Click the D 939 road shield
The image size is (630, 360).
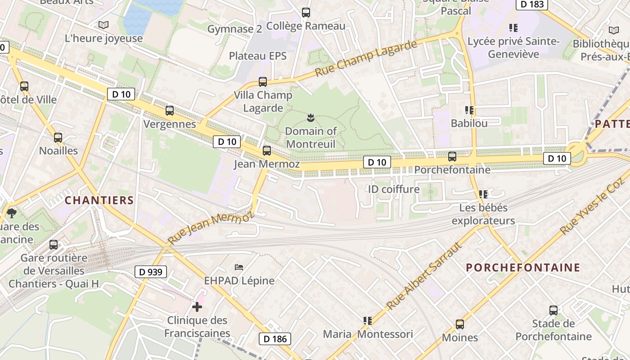tap(151, 272)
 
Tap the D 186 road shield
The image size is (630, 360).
tap(274, 339)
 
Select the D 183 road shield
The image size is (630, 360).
tap(532, 4)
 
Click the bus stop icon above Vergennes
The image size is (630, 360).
tap(170, 111)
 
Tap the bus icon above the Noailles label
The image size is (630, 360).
tap(58, 138)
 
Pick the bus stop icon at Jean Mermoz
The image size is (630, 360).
tap(267, 151)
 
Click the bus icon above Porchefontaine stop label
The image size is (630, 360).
tap(452, 157)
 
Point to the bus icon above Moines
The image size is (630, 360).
tap(460, 324)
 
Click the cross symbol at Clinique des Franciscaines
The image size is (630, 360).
tap(197, 307)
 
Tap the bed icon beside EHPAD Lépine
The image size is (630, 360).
tap(239, 267)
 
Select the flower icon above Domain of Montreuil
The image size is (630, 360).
tap(310, 118)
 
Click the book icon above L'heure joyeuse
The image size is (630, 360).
tap(103, 25)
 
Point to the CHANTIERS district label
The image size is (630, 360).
tap(99, 200)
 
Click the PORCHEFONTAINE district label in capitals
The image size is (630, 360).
tap(523, 268)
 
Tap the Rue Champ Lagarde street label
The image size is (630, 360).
tap(366, 58)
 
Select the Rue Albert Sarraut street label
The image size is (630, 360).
tap(424, 276)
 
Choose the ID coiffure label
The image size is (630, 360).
tap(394, 189)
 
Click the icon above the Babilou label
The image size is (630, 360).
tap(469, 110)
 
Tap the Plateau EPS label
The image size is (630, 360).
tap(258, 56)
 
